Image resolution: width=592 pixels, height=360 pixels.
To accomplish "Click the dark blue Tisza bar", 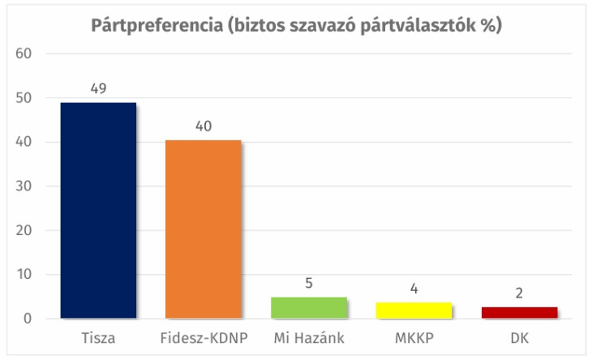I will pyautogui.click(x=98, y=210).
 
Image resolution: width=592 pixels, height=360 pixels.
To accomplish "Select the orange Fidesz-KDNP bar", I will pyautogui.click(x=203, y=229).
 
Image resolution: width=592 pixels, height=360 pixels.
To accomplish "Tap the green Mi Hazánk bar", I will pyautogui.click(x=308, y=307).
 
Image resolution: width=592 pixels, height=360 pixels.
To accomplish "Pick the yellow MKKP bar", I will pyautogui.click(x=413, y=310).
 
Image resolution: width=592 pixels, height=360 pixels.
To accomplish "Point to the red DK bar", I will pyautogui.click(x=518, y=312).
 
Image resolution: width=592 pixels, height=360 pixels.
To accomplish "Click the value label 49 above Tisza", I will pyautogui.click(x=98, y=88).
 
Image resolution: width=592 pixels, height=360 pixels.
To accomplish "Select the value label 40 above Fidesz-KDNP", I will pyautogui.click(x=203, y=126).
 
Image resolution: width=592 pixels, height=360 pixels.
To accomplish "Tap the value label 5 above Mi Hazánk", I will pyautogui.click(x=308, y=284).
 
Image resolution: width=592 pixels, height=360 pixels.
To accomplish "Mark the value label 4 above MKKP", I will pyautogui.click(x=413, y=288).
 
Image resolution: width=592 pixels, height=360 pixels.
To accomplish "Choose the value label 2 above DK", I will pyautogui.click(x=518, y=294).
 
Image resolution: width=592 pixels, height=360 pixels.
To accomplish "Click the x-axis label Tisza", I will pyautogui.click(x=98, y=336).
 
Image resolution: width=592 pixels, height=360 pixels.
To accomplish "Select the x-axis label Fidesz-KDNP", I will pyautogui.click(x=203, y=336).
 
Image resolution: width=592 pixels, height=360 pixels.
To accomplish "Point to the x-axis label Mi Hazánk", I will pyautogui.click(x=308, y=336).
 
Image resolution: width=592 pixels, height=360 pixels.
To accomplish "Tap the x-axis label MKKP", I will pyautogui.click(x=413, y=336).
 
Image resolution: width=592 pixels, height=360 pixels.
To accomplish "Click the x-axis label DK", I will pyautogui.click(x=518, y=336).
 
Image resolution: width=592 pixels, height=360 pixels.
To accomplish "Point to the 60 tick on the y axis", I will pyautogui.click(x=23, y=54).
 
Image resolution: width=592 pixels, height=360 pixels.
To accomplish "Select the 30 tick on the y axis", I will pyautogui.click(x=23, y=186).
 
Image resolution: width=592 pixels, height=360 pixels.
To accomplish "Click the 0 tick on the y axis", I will pyautogui.click(x=27, y=319).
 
